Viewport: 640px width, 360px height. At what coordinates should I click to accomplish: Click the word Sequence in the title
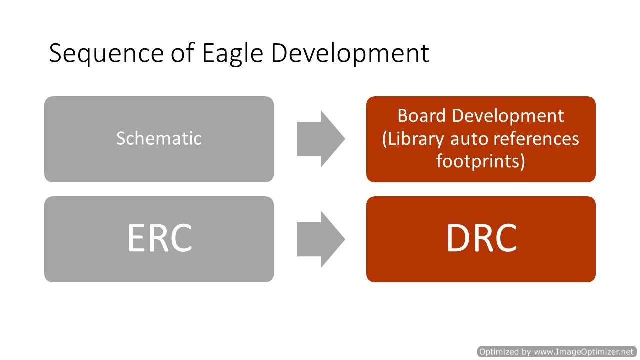(106, 53)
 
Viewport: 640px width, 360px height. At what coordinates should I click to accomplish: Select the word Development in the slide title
(350, 53)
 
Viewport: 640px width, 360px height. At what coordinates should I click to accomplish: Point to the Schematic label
(159, 138)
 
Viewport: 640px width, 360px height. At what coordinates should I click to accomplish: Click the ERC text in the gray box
(160, 237)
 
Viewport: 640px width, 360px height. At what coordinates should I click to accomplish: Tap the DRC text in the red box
(481, 237)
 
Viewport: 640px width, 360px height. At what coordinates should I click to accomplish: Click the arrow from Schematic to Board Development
(321, 139)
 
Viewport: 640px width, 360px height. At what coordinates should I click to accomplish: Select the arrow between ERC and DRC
(321, 239)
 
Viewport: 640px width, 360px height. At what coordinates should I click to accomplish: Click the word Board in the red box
(421, 116)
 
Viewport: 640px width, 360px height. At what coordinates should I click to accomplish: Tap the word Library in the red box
(413, 140)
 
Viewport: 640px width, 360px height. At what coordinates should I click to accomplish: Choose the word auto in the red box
(469, 140)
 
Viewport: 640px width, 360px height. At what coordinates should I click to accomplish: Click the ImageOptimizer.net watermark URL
(584, 351)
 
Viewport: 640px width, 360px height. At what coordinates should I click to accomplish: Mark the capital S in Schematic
(121, 138)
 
